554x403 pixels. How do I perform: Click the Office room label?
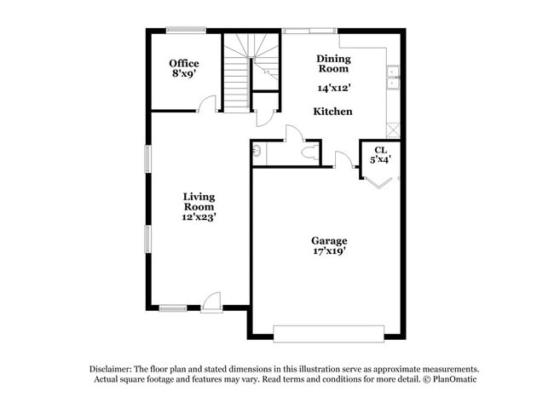point(183,63)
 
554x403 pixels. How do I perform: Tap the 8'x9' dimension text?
point(183,74)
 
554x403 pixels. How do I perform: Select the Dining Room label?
point(333,63)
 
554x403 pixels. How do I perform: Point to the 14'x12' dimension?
point(333,87)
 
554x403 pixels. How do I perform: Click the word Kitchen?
point(332,112)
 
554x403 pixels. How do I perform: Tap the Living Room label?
point(199,201)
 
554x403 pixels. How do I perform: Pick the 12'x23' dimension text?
point(199,216)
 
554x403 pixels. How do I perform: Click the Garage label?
point(328,240)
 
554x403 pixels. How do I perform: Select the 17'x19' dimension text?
point(328,251)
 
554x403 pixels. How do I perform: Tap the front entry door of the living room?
point(211,302)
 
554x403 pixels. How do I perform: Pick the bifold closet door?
point(379,180)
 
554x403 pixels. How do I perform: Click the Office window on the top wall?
point(185,31)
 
